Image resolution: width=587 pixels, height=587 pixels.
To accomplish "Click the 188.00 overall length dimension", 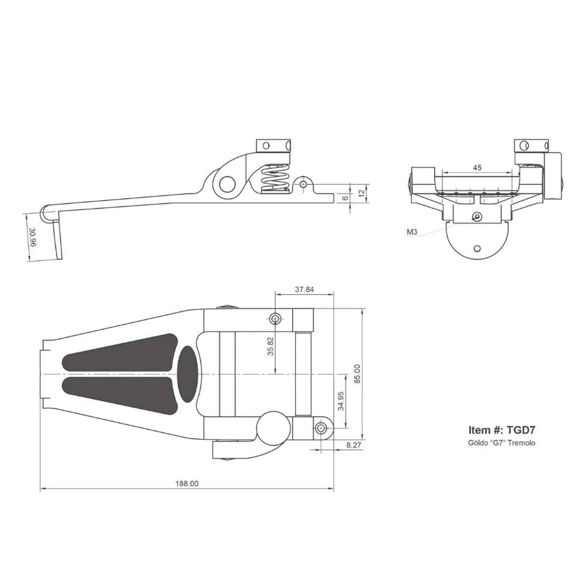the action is [x=187, y=484].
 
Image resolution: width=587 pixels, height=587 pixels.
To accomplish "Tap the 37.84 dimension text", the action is [x=305, y=289].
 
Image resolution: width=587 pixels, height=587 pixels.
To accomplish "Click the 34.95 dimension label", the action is [x=341, y=401].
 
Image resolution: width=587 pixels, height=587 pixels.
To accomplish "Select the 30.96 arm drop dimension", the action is [x=33, y=238].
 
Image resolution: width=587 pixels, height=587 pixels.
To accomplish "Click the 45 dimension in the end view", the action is [x=477, y=168].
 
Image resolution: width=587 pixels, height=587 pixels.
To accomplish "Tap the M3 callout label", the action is [x=412, y=232].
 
